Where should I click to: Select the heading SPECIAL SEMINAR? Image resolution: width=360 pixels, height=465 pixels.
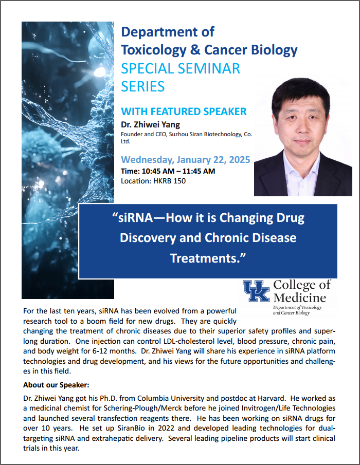pos(181,68)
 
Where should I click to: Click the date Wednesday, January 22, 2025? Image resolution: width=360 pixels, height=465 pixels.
pos(186,159)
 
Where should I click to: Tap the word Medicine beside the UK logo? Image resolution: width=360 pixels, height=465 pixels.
pos(300,298)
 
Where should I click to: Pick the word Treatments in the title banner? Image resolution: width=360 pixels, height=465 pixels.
pos(204,258)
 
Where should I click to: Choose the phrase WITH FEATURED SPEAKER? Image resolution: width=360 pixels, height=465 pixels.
pos(184,111)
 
